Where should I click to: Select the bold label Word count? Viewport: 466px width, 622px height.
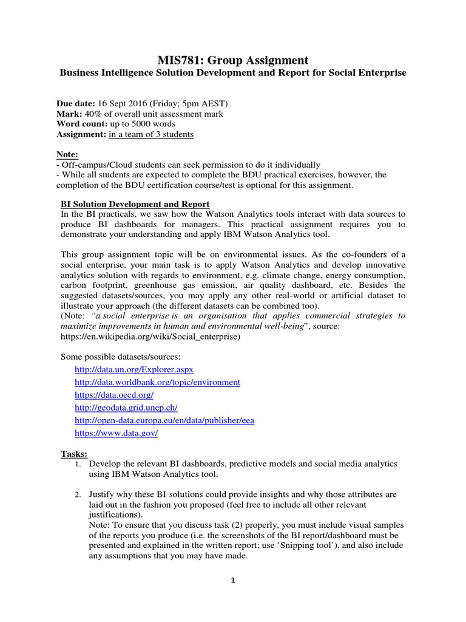(x=82, y=124)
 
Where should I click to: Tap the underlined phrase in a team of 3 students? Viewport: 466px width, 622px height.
(x=151, y=134)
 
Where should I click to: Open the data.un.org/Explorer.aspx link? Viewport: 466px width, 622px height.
(x=133, y=369)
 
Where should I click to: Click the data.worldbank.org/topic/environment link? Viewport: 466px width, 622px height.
(x=157, y=382)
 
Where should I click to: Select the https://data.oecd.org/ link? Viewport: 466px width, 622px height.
(x=113, y=395)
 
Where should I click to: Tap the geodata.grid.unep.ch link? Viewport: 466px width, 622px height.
(x=125, y=408)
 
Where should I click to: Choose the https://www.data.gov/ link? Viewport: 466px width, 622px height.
(x=116, y=433)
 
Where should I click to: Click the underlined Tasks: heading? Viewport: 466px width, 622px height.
(x=74, y=454)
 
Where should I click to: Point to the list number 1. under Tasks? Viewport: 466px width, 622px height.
(x=78, y=464)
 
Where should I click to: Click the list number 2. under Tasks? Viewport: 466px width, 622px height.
(x=78, y=495)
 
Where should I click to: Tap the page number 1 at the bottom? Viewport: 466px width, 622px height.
(x=232, y=580)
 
